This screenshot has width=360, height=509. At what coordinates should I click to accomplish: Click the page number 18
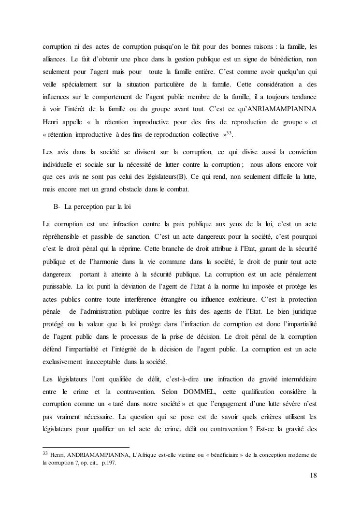click(x=313, y=475)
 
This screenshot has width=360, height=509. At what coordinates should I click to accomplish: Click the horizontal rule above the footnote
click(x=86, y=447)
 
